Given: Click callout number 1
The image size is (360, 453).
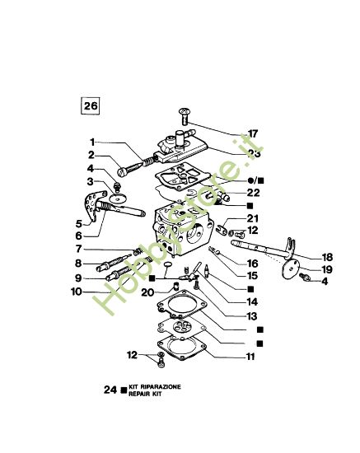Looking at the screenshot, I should click(93, 142).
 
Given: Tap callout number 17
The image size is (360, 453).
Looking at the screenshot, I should click(254, 132).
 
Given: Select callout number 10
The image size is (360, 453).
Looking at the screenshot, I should click(76, 292).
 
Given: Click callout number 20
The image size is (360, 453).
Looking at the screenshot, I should click(147, 292).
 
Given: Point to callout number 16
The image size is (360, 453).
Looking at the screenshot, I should click(254, 262).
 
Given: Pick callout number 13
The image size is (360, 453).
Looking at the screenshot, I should click(252, 316).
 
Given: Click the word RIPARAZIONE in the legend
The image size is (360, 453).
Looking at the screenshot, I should click(155, 385).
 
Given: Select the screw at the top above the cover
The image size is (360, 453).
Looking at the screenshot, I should click(184, 112).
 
